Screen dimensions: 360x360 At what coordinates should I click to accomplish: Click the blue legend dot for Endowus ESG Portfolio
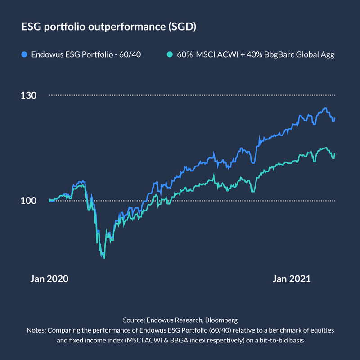pyautogui.click(x=25, y=55)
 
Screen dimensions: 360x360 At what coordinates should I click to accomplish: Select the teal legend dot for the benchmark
pyautogui.click(x=169, y=55)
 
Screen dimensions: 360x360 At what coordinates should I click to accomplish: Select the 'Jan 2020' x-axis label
pyautogui.click(x=49, y=279)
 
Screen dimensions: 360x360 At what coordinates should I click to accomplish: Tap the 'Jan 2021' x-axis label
pyautogui.click(x=292, y=279)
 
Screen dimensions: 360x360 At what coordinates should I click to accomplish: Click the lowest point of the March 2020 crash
pyautogui.click(x=104, y=258)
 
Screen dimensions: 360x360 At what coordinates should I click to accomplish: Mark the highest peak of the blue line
pyautogui.click(x=325, y=108)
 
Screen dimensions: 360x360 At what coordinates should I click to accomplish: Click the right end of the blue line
pyautogui.click(x=335, y=118)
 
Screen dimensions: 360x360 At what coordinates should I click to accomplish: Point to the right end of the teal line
pyautogui.click(x=335, y=154)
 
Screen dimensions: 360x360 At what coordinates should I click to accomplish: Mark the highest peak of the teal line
pyautogui.click(x=325, y=148)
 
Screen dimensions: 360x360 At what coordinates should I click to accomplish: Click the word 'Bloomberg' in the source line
pyautogui.click(x=220, y=320)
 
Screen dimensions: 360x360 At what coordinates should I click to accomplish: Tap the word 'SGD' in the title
pyautogui.click(x=182, y=27)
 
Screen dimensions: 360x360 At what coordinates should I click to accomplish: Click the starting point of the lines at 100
pyautogui.click(x=49, y=201)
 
